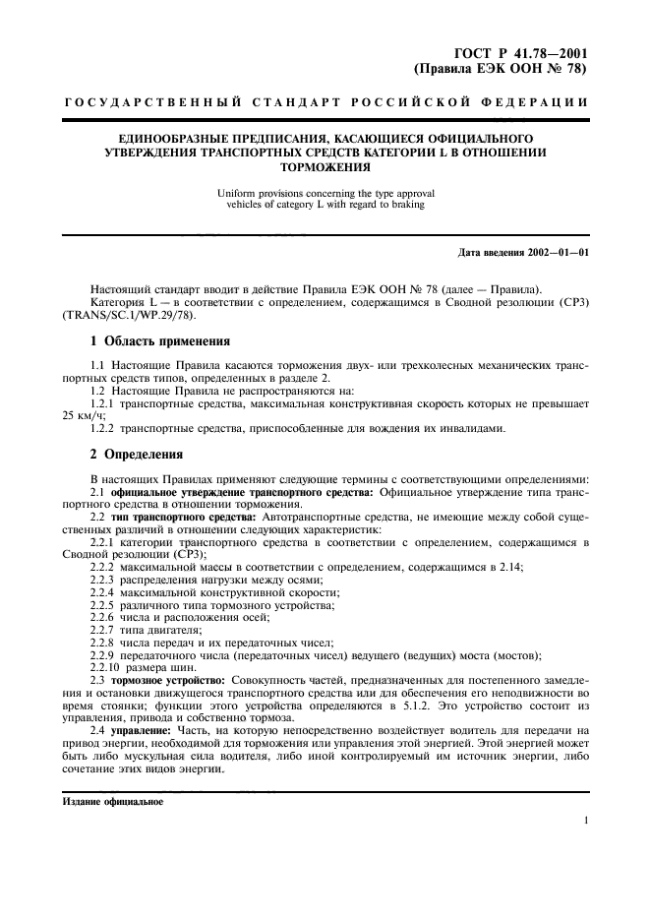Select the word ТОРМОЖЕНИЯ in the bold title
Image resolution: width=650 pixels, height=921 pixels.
click(x=325, y=167)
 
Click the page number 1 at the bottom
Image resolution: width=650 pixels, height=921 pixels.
click(x=585, y=821)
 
